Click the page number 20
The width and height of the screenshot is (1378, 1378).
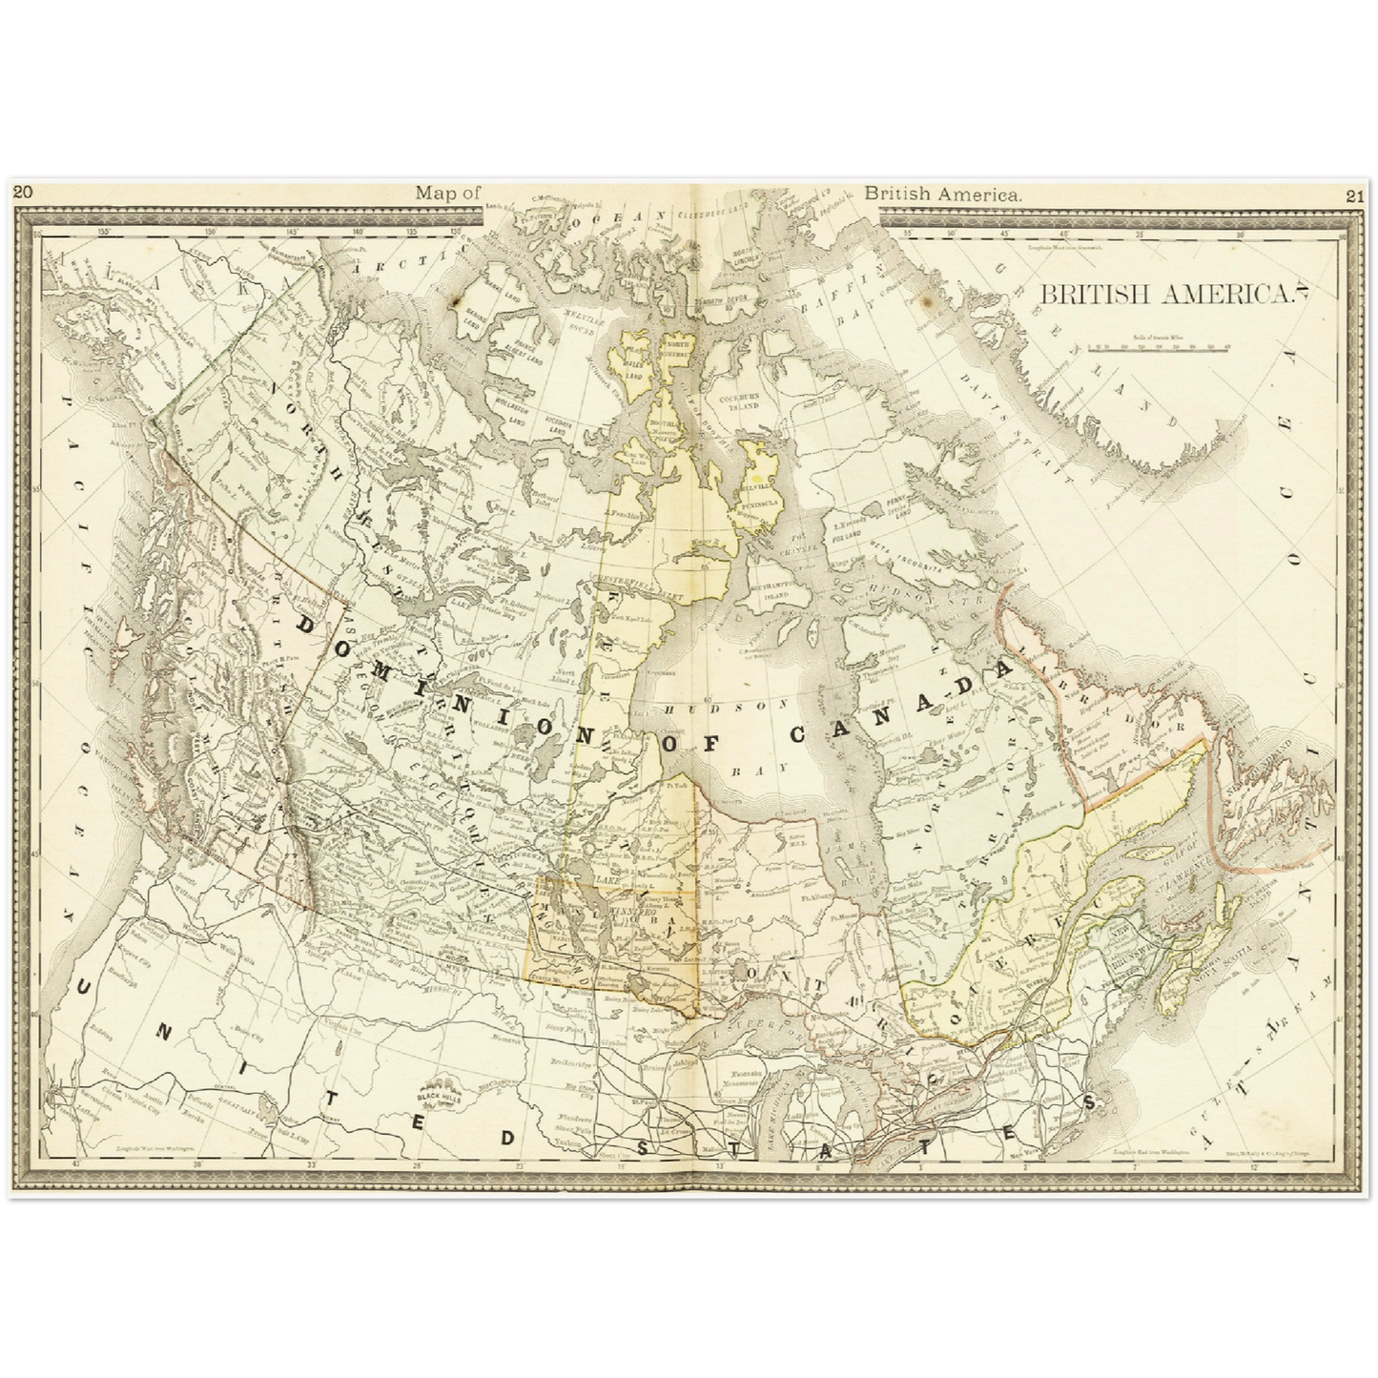coord(23,192)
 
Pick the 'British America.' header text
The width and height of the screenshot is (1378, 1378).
coord(943,193)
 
